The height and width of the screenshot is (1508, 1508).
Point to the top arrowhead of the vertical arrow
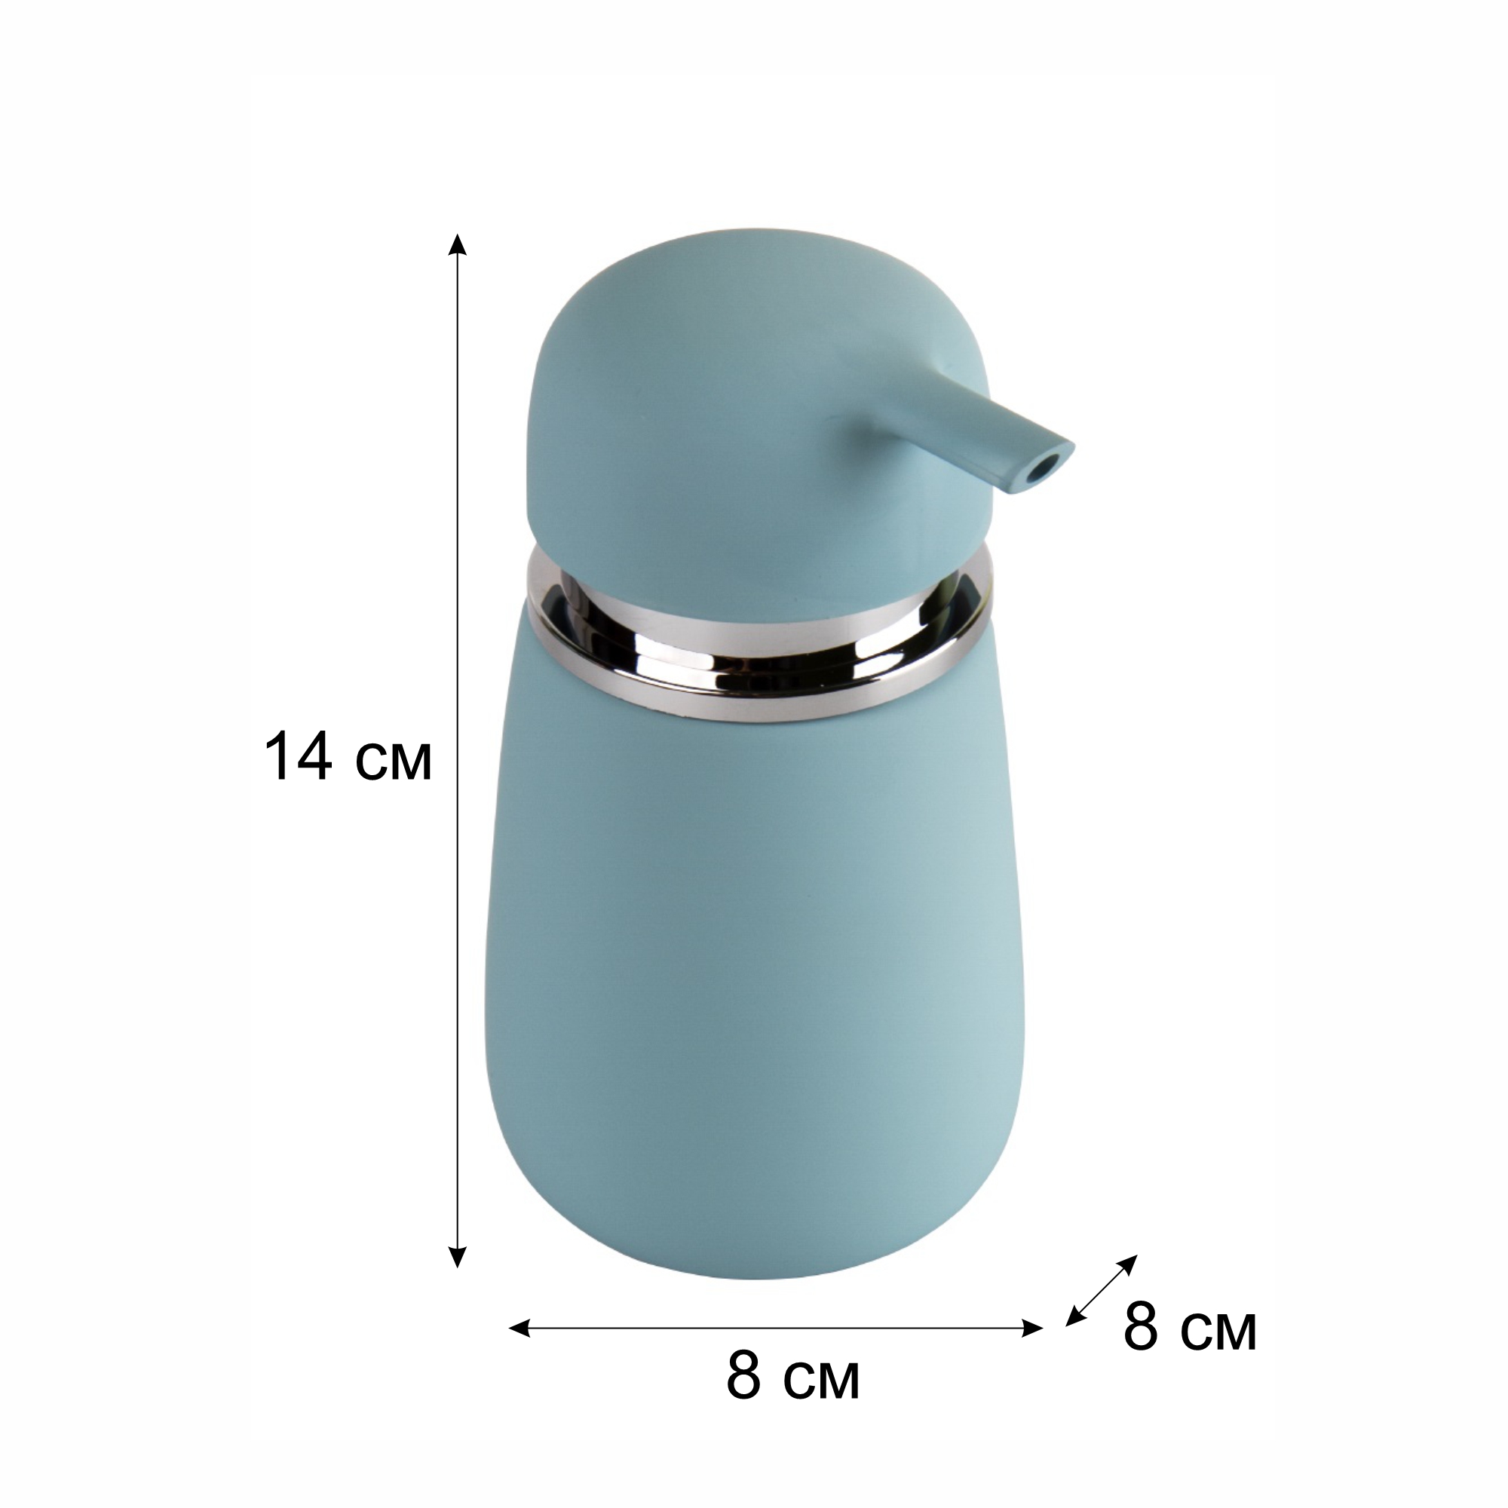click(x=458, y=244)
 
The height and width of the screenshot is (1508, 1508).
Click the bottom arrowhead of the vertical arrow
click(x=458, y=1279)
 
